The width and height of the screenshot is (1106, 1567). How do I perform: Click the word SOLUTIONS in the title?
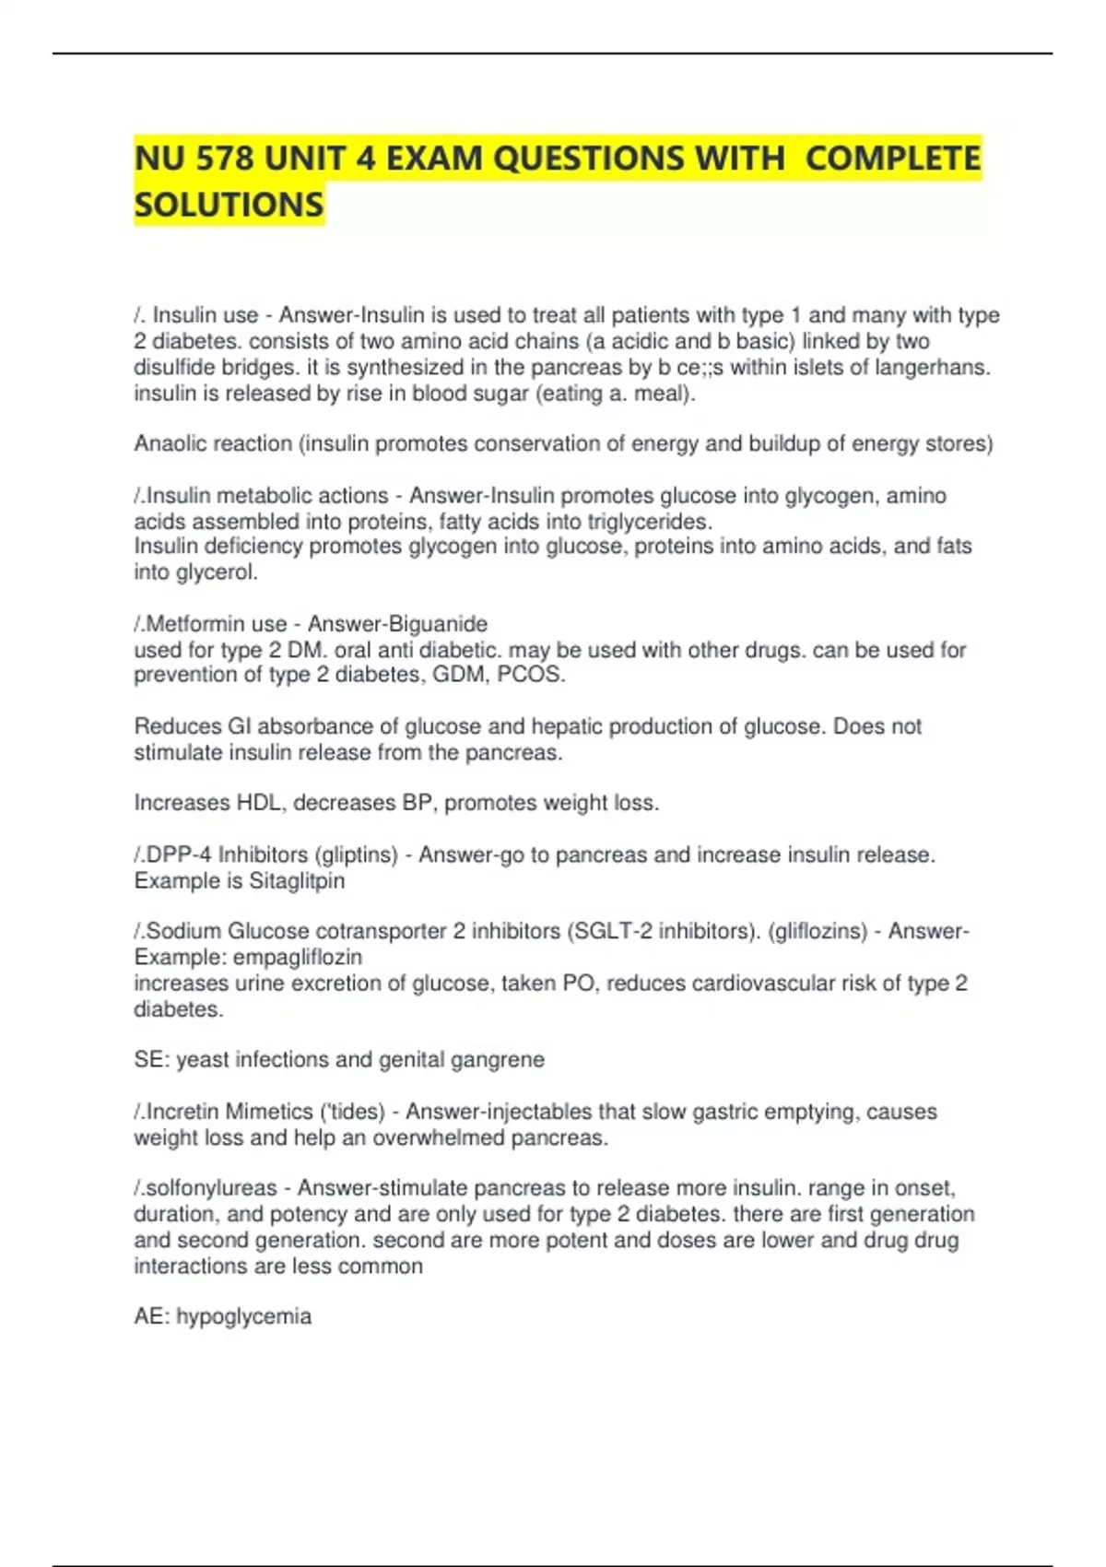coord(229,204)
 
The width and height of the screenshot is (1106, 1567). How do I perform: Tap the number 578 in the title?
coord(220,159)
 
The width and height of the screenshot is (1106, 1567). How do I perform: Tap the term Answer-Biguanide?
coord(397,624)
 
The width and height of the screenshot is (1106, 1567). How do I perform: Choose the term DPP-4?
coord(179,855)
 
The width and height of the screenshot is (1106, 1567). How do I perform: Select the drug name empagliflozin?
coord(298,957)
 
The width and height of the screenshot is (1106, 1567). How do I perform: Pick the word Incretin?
coord(183,1112)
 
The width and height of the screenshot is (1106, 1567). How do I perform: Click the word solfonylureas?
coord(211,1188)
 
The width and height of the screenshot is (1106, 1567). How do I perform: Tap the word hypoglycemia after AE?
coord(243,1316)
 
